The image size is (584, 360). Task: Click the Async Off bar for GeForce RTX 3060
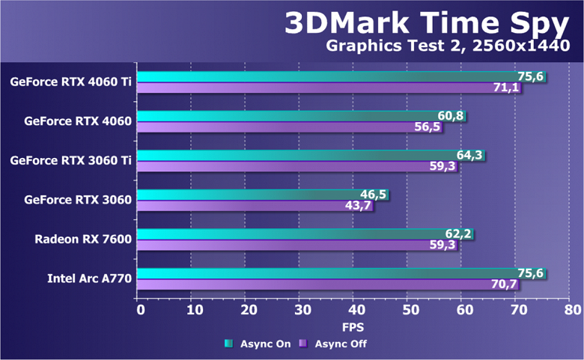pos(247,207)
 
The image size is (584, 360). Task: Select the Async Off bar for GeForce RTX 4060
pos(285,127)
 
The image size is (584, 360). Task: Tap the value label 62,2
pos(459,234)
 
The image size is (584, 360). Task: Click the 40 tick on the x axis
pos(355,309)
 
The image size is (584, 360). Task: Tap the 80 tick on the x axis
pos(571,309)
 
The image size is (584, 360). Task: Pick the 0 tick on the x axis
pos(139,309)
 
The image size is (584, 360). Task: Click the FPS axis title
pos(354,327)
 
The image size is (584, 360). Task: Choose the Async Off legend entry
pos(333,344)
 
